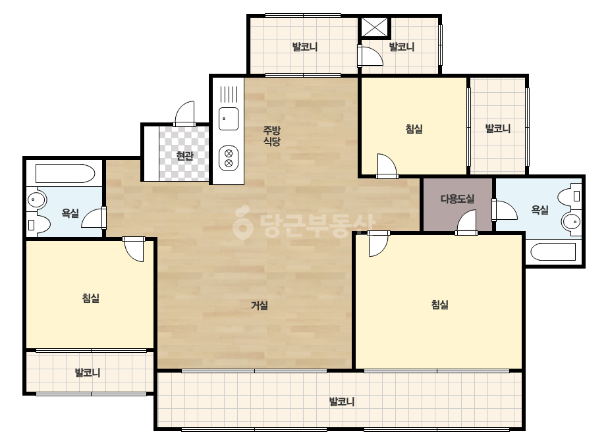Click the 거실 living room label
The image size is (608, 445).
260,305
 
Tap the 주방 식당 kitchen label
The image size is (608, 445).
272,136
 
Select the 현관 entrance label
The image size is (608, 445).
184,156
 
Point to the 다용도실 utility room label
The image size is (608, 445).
458,199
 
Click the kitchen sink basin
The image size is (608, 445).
229,118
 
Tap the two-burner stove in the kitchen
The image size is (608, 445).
229,158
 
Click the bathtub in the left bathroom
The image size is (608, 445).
65,173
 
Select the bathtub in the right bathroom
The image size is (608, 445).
553,252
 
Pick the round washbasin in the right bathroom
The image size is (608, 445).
572,222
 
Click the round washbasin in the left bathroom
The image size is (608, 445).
36,200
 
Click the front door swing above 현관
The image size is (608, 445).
184,114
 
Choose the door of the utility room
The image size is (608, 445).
466,222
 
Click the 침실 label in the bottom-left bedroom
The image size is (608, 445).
91,298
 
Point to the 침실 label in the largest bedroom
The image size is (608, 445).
440,304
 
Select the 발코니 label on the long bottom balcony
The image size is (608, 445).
342,401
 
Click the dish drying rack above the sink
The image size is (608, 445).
229,93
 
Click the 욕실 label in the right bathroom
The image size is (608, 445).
539,210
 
